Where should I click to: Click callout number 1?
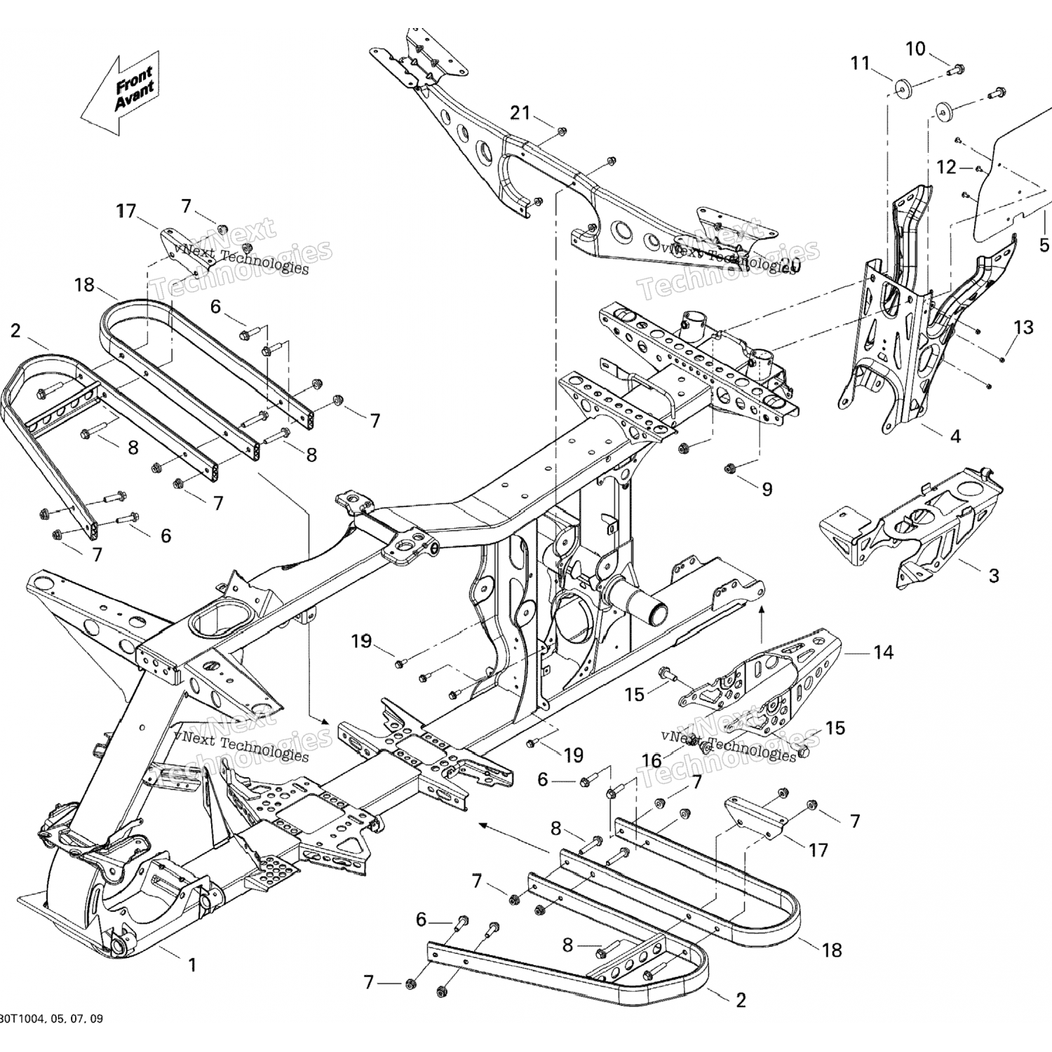pyautogui.click(x=191, y=965)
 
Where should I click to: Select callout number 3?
pyautogui.click(x=993, y=576)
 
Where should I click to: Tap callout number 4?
pyautogui.click(x=955, y=436)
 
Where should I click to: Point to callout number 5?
pyautogui.click(x=1044, y=245)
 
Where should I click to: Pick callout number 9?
pyautogui.click(x=767, y=489)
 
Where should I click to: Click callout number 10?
pyautogui.click(x=916, y=49)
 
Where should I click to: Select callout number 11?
pyautogui.click(x=860, y=64)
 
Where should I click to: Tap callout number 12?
pyautogui.click(x=946, y=167)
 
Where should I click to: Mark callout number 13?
pyautogui.click(x=1023, y=327)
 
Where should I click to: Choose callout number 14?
pyautogui.click(x=883, y=652)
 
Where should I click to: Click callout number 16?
pyautogui.click(x=652, y=760)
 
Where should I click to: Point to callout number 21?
pyautogui.click(x=520, y=112)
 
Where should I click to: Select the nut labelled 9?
pyautogui.click(x=729, y=467)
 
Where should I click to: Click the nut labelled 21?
pyautogui.click(x=562, y=131)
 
